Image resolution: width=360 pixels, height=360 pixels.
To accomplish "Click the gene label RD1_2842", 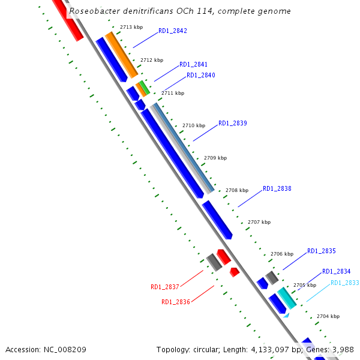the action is (x=173, y=31).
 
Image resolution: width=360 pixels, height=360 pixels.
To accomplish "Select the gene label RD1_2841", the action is (x=194, y=64).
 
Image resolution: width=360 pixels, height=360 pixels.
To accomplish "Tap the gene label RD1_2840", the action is (x=200, y=75).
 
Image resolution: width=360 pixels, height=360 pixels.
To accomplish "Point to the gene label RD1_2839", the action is (x=233, y=123).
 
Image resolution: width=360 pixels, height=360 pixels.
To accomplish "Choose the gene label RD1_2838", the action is (x=277, y=188).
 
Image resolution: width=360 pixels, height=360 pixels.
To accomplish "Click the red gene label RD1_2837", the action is (x=165, y=287).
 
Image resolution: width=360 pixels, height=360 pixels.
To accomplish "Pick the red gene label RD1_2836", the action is (x=176, y=302).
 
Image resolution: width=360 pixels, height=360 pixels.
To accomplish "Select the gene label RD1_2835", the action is (x=322, y=251).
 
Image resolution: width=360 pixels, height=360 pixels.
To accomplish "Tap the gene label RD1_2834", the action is (x=337, y=271).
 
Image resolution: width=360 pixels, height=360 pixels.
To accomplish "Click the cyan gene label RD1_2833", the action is (x=345, y=283).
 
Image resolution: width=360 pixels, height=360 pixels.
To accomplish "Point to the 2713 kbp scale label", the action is (x=131, y=27).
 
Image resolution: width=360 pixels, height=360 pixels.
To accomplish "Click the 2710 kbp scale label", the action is (x=194, y=125).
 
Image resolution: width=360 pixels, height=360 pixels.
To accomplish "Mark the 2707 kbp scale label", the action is (x=259, y=222).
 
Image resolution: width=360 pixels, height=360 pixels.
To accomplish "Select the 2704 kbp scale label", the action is (x=328, y=316).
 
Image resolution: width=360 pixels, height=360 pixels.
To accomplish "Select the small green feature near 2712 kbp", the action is (x=144, y=87).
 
